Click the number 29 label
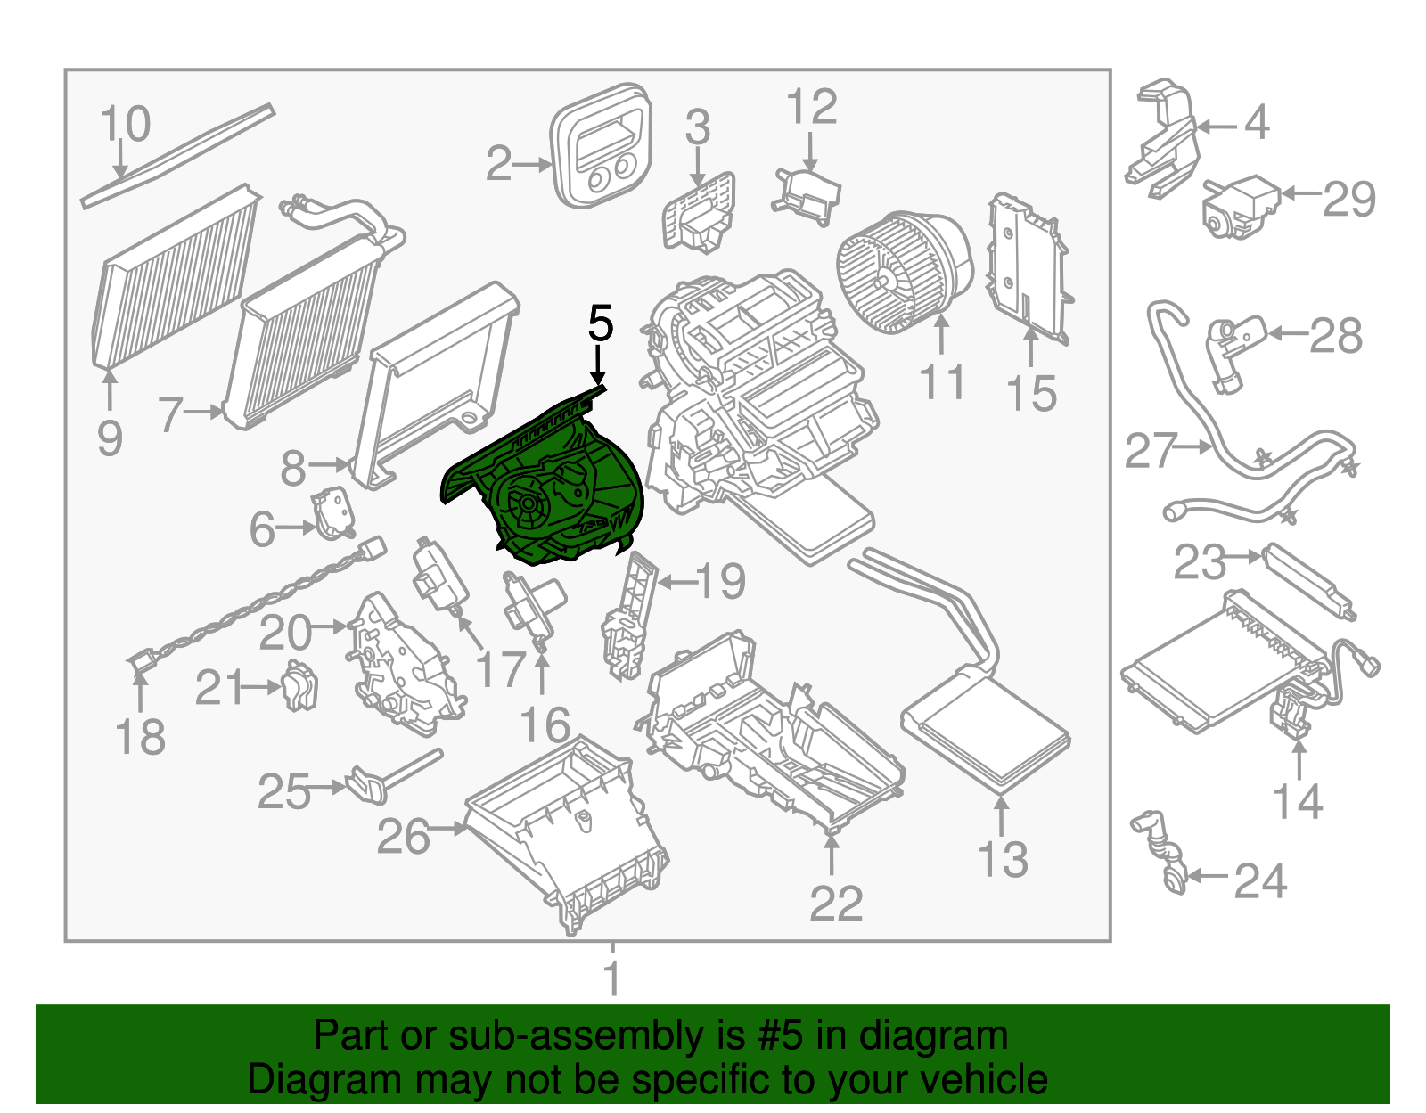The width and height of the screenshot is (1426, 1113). point(1349,198)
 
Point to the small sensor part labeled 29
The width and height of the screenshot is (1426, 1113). point(1238,207)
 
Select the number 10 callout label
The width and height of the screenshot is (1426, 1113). point(125,124)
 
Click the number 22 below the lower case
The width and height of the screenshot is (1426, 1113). point(836,904)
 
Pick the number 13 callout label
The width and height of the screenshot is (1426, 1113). point(1003,859)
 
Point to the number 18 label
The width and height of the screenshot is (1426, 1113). point(141,737)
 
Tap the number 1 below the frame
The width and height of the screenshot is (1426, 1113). point(612,979)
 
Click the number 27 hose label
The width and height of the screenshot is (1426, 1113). point(1151,451)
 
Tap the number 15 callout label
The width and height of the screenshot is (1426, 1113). point(1032,393)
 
